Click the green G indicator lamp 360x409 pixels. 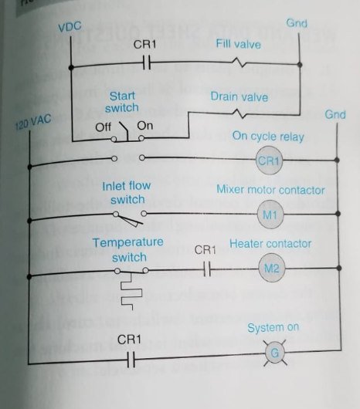coord(270,353)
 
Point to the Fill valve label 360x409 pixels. coord(238,45)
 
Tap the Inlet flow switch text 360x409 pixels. coord(126,192)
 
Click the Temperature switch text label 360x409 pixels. coord(127,248)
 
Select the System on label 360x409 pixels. coord(273,327)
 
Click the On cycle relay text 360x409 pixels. coord(268,137)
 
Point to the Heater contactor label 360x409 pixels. coord(270,243)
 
